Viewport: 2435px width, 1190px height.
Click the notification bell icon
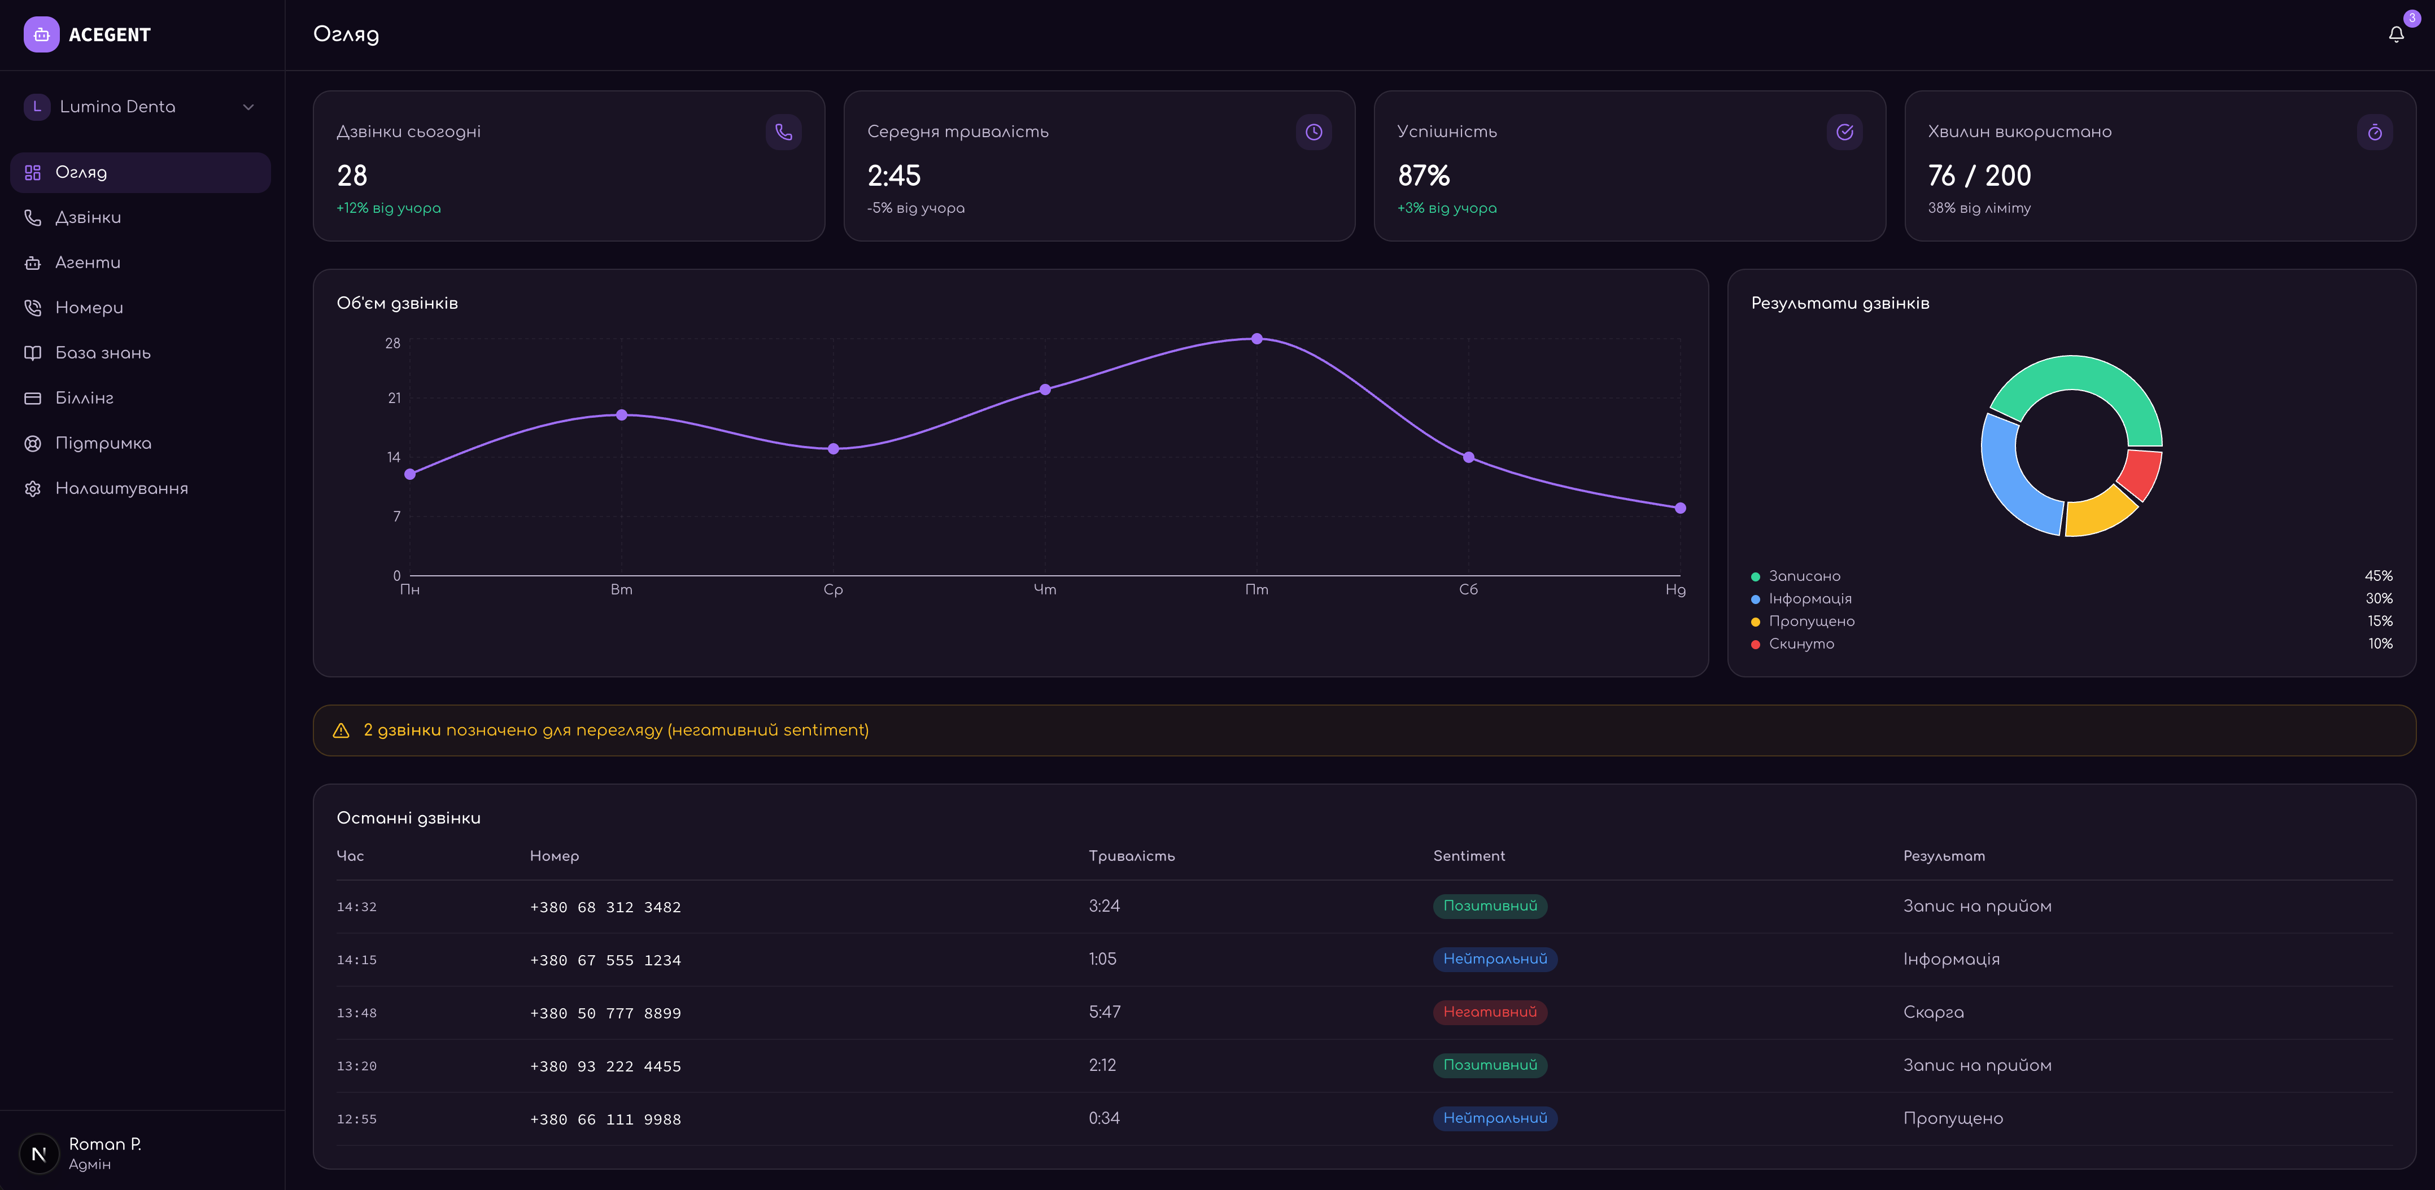[2395, 35]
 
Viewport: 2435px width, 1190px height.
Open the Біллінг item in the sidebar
[84, 398]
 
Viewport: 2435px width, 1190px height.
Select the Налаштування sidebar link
[121, 489]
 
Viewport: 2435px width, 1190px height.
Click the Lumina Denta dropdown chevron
[248, 107]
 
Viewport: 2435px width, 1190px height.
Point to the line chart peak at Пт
[1256, 338]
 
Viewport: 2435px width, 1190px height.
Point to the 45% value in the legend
[2379, 576]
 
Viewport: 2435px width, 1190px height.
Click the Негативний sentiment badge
[1490, 1012]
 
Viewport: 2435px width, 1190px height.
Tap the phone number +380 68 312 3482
[605, 907]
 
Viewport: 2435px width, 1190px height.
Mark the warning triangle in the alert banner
[341, 730]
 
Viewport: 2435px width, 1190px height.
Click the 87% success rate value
[1424, 176]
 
